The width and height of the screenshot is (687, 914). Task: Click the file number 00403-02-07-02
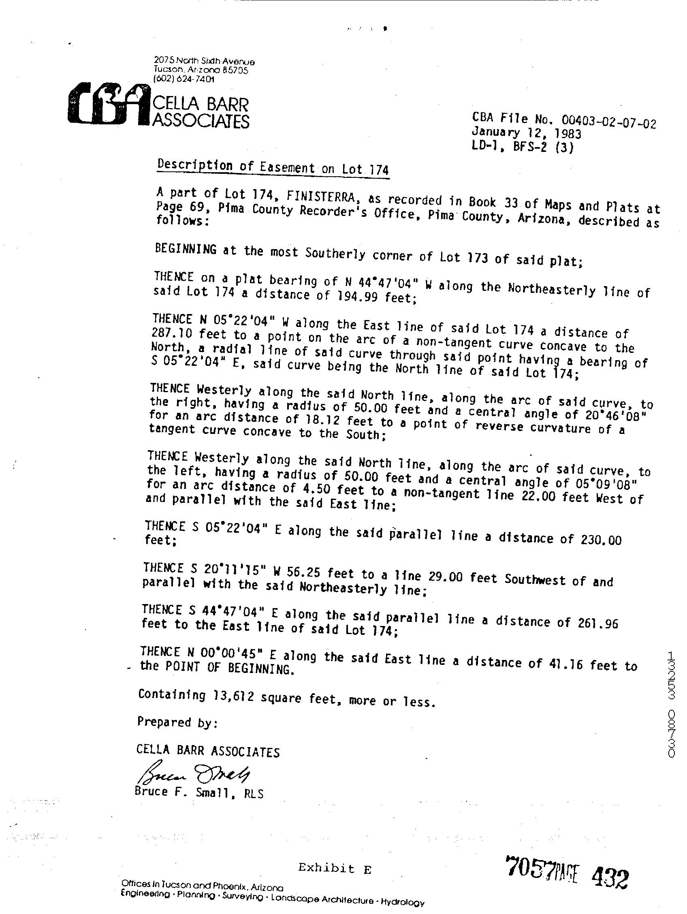(608, 122)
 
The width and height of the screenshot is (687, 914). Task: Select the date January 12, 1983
(527, 133)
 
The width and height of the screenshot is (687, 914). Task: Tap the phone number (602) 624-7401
(183, 79)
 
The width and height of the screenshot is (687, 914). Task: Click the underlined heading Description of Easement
(273, 167)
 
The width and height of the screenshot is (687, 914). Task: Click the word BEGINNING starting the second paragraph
(186, 249)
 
